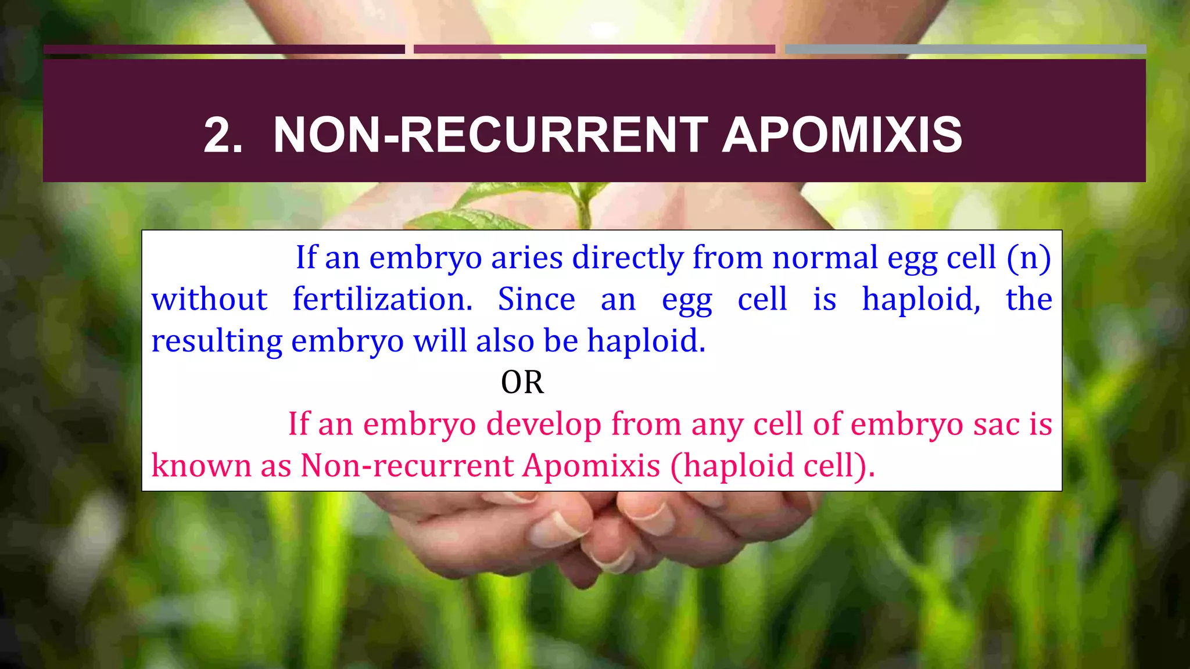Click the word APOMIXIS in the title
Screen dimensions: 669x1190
point(842,135)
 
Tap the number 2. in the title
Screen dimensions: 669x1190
point(223,135)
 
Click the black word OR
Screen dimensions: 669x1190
point(522,382)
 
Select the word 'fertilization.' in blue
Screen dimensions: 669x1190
point(382,299)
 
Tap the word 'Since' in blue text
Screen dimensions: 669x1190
point(536,299)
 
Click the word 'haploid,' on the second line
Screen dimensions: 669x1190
point(921,299)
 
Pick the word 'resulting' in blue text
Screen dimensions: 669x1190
point(217,341)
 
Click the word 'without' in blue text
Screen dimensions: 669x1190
point(209,299)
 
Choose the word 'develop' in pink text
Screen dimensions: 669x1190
point(543,424)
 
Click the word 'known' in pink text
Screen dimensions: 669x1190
point(201,466)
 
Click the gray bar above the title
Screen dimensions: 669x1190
point(965,49)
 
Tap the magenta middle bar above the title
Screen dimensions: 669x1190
point(594,49)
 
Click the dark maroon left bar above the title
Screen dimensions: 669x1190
point(224,49)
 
